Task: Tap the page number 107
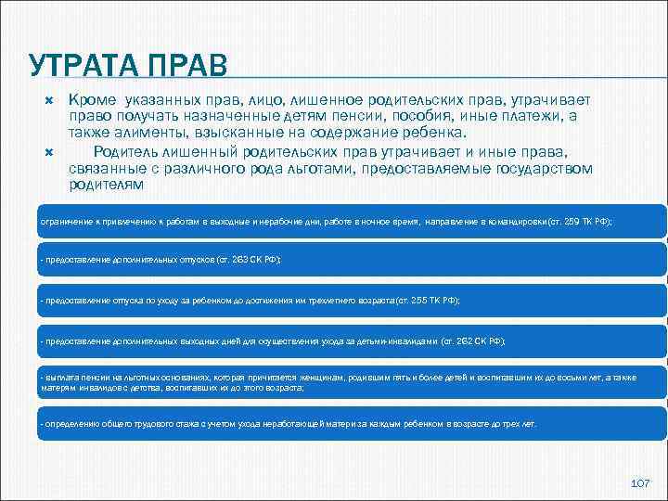[639, 483]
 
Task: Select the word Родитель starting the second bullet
[124, 150]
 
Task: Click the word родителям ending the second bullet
[107, 184]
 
